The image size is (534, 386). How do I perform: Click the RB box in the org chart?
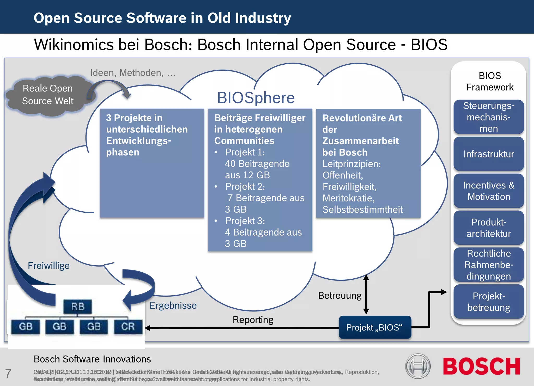click(77, 307)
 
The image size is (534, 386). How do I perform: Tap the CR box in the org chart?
click(128, 327)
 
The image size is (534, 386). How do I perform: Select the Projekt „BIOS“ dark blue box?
click(375, 327)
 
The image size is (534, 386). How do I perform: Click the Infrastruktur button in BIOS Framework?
click(489, 154)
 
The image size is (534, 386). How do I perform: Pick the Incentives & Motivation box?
click(489, 191)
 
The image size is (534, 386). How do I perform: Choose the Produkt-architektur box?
click(489, 228)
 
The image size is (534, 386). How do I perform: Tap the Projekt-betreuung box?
click(489, 302)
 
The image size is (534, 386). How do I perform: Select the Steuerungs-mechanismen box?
click(489, 117)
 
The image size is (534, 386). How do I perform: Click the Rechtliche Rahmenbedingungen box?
click(489, 265)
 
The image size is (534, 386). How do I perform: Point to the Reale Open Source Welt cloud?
click(48, 95)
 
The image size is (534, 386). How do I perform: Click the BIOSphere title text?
click(256, 98)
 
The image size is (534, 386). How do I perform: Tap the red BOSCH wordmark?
click(481, 366)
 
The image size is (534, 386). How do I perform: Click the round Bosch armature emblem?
click(418, 366)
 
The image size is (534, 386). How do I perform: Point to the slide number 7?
click(8, 373)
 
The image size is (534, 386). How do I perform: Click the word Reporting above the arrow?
click(253, 320)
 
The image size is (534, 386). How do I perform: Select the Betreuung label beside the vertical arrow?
click(340, 296)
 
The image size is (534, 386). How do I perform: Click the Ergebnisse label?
click(173, 305)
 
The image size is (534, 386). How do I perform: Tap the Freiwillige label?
click(49, 266)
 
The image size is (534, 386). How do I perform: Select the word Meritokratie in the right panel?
click(348, 198)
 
